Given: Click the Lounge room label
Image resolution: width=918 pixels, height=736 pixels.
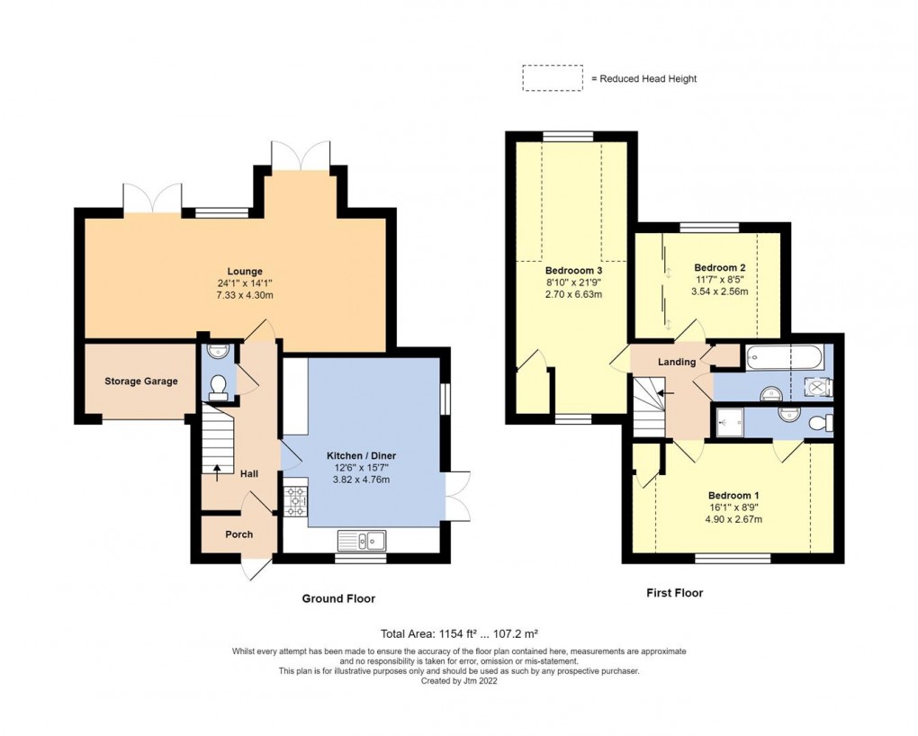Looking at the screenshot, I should point(245,271).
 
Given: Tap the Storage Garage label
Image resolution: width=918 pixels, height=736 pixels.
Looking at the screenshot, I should point(141,381).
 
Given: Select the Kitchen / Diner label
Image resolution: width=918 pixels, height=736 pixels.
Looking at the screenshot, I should point(361,456).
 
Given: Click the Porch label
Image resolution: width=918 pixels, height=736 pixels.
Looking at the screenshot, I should point(238,534).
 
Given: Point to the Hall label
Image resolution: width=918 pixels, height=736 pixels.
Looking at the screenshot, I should point(249,473).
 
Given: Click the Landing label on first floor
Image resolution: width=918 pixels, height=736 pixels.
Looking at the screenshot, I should point(677,363).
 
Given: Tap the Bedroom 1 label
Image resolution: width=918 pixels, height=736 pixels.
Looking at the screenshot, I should point(733,496).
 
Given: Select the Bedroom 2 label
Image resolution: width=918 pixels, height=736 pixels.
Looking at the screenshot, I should point(719,268).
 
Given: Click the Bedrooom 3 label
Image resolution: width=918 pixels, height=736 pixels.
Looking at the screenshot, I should point(573,270).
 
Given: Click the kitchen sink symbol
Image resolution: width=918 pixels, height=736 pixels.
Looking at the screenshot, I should point(362,540).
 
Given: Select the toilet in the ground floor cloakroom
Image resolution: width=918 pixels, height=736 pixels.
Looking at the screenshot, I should point(216,387).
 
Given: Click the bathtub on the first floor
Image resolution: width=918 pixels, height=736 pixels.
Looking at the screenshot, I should point(781,358).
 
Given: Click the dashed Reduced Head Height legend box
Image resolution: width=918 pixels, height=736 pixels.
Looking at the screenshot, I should point(552,78).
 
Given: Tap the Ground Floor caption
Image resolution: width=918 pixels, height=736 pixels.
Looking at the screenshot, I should point(338,598).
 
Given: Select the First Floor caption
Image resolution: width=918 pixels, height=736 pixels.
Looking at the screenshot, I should point(674,593).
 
